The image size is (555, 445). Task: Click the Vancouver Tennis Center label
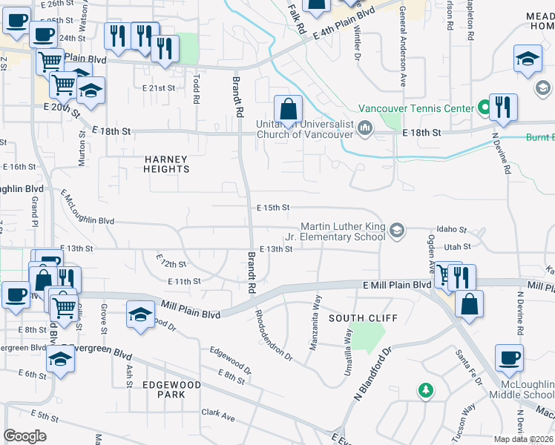click(x=416, y=108)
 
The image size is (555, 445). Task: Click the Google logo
click(x=25, y=435)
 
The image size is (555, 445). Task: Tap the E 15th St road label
click(x=272, y=208)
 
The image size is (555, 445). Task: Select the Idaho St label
click(x=451, y=231)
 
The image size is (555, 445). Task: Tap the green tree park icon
click(x=425, y=389)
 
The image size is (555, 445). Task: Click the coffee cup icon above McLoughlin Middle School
click(x=509, y=358)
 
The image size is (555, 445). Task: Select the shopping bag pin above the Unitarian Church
click(x=288, y=110)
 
